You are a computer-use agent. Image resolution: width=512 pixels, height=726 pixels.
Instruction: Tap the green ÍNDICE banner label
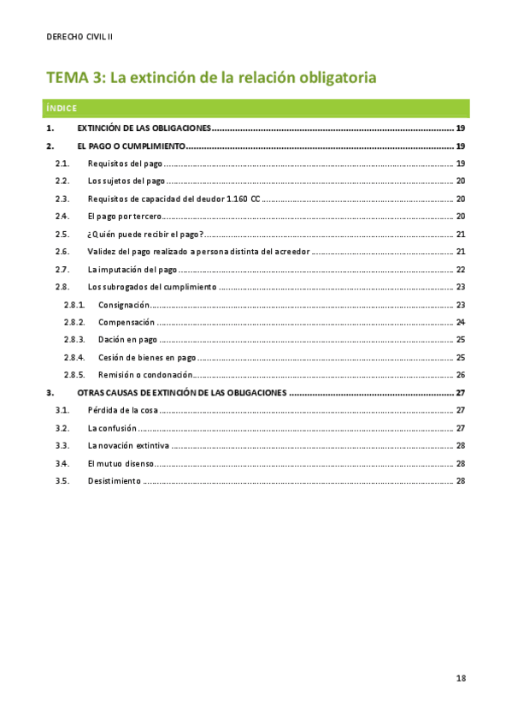click(62, 108)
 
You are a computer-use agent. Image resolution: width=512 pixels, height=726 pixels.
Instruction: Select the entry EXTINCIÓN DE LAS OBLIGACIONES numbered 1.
click(144, 128)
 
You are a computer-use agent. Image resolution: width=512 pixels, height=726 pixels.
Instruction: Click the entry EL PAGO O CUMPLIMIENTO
click(131, 146)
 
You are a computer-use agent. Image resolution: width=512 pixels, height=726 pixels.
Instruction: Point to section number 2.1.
click(62, 163)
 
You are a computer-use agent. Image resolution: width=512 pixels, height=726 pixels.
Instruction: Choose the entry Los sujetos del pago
click(127, 181)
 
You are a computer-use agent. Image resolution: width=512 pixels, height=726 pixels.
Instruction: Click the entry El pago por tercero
click(124, 216)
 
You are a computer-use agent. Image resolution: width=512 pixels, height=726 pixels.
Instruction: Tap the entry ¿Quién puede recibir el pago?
click(144, 234)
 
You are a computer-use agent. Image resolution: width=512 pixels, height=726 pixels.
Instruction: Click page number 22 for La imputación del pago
click(460, 269)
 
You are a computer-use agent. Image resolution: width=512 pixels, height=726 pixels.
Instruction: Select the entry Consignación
click(124, 305)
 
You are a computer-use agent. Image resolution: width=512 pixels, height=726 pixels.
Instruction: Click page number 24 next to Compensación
click(460, 322)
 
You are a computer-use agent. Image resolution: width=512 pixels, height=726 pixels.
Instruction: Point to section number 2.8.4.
click(74, 357)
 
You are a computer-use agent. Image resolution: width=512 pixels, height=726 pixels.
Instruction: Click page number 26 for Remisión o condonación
click(460, 375)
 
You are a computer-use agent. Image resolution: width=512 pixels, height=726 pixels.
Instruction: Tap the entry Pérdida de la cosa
click(123, 410)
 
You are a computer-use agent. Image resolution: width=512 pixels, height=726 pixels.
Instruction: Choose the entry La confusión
click(113, 427)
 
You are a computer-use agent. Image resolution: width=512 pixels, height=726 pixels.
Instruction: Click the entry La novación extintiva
click(128, 445)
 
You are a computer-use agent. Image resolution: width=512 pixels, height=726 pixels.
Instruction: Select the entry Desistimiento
click(114, 480)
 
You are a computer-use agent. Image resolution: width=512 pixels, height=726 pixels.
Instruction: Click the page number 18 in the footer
click(461, 678)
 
